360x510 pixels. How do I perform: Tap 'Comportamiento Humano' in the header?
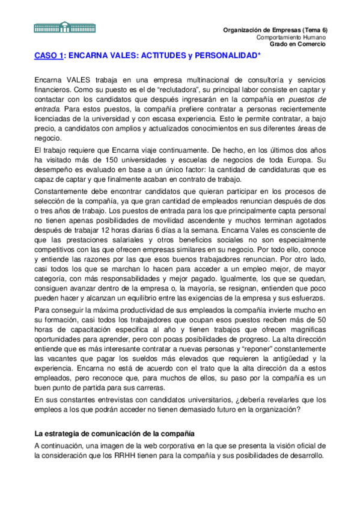[291, 37]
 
